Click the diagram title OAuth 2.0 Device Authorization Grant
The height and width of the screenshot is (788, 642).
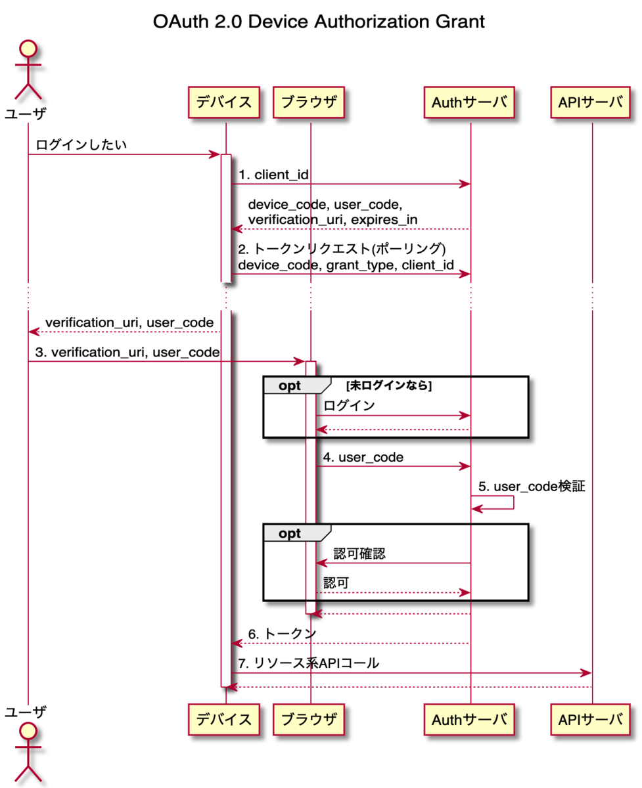coord(319,22)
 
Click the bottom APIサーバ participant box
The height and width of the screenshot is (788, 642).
coord(590,719)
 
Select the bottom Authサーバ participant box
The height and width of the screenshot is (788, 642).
coord(469,719)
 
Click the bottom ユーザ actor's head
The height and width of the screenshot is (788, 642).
coord(28,732)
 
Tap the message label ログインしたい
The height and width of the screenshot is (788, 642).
coord(81,144)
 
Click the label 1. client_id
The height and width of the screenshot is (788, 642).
coord(273,174)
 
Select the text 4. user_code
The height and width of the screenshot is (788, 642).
coord(363,457)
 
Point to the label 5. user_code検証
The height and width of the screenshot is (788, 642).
coord(531,487)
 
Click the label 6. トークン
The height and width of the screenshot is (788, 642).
coord(282,634)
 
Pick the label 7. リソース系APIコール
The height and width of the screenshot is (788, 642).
coord(308,663)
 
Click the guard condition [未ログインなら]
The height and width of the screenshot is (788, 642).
coord(388,385)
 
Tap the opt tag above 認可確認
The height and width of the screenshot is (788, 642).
coord(290,533)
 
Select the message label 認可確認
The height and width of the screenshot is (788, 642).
coord(359,554)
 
